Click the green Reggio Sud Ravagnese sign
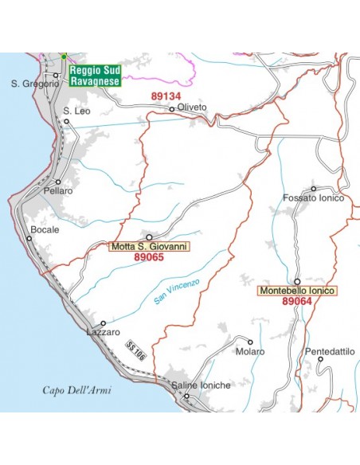94,75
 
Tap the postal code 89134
166,96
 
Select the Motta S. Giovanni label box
149,247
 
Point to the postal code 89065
149,258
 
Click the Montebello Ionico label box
297,291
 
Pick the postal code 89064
297,303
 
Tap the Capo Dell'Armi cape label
77,390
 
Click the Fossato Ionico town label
313,197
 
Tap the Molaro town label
250,351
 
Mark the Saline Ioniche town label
201,385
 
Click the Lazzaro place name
104,331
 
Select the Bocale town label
44,229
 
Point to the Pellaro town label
59,191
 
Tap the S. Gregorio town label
35,83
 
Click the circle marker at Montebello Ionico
297,281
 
